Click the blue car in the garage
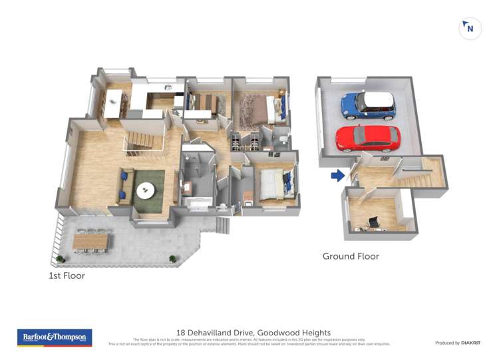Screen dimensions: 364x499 (x=368, y=105)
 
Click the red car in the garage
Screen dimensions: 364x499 (x=368, y=138)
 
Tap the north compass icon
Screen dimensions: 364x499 (x=470, y=29)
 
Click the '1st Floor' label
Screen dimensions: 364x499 (x=67, y=275)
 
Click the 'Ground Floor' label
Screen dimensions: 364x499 (x=351, y=256)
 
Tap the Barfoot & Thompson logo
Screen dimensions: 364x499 (x=55, y=337)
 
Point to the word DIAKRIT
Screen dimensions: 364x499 (x=467, y=343)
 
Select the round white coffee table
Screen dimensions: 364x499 (x=145, y=190)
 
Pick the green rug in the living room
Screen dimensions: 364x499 (x=148, y=189)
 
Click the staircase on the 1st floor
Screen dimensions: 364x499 (x=142, y=139)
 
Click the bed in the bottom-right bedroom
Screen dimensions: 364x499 (x=271, y=184)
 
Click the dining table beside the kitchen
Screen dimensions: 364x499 (x=113, y=104)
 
